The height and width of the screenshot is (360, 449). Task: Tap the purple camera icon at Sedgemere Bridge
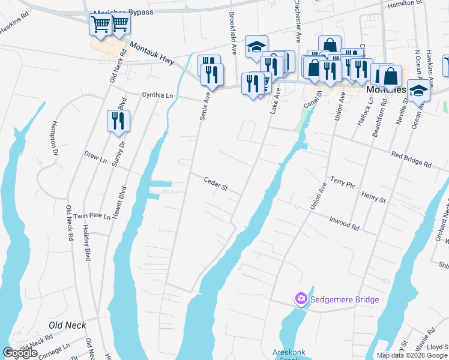click(301, 298)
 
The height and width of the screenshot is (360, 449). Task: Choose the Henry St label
click(373, 197)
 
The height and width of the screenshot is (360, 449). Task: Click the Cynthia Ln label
click(157, 95)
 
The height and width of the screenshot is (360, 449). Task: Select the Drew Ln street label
click(95, 158)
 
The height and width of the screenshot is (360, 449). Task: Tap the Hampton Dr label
click(54, 139)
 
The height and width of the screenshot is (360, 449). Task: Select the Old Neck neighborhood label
click(67, 326)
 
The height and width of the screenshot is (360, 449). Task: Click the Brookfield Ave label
click(232, 34)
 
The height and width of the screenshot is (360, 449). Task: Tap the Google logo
click(20, 353)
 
